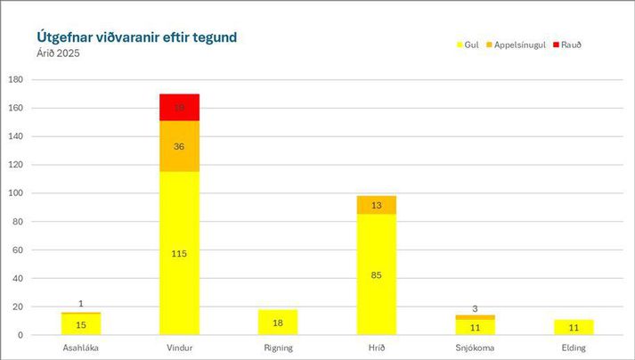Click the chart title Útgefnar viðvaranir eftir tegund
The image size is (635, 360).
click(136, 37)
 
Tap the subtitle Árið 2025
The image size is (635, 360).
click(57, 53)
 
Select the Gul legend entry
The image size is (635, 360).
click(468, 45)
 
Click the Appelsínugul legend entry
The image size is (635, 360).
click(519, 45)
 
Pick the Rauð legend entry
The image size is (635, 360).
click(568, 45)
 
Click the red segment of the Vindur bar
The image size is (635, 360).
click(179, 107)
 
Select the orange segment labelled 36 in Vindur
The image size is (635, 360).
click(179, 146)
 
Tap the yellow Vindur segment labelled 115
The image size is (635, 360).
click(179, 253)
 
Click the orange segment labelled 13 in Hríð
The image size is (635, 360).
click(376, 205)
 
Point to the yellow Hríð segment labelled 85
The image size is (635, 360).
click(376, 274)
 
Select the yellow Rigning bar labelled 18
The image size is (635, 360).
click(278, 323)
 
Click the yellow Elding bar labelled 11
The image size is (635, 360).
click(573, 327)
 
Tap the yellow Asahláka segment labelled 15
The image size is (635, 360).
click(81, 325)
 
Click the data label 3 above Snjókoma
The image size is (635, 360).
click(475, 308)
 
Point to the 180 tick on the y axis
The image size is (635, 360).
click(16, 80)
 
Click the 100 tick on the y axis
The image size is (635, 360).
click(16, 193)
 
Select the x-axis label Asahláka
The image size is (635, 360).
click(81, 348)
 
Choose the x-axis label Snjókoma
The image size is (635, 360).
click(475, 348)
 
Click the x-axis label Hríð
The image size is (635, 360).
click(376, 348)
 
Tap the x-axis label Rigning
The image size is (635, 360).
click(278, 348)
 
